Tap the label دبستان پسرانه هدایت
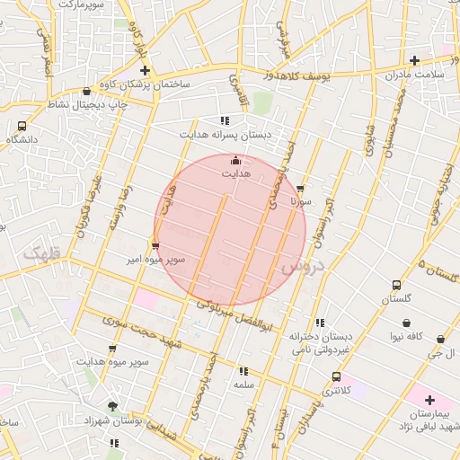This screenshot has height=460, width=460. tap(225, 135)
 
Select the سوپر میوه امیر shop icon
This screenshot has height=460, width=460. tap(155, 244)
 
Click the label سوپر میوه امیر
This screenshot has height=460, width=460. tap(155, 260)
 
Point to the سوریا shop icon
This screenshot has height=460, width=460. tap(300, 190)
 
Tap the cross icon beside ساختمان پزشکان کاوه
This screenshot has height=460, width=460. tap(145, 69)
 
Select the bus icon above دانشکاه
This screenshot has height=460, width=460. tap(22, 127)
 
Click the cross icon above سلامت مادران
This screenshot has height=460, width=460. tap(414, 61)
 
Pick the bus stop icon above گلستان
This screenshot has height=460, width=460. tap(396, 285)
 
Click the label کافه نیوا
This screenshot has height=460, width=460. tap(407, 336)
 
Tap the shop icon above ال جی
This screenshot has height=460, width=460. tap(440, 340)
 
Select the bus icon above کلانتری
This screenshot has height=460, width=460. tap(336, 377)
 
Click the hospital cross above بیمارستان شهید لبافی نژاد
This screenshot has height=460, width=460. tap(429, 400)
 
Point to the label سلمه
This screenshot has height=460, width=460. tap(243, 384)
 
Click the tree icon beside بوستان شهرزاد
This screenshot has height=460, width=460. tap(112, 406)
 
